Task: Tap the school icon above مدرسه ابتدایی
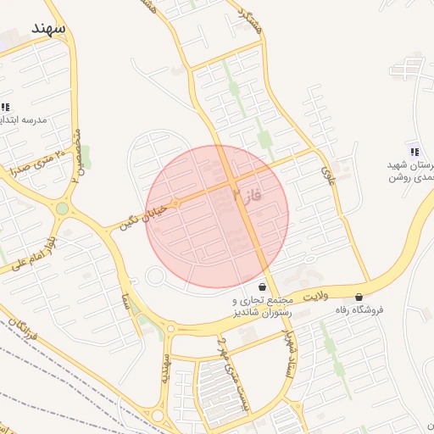[x=5, y=107]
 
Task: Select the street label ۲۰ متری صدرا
[x=36, y=161]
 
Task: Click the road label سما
[x=125, y=298]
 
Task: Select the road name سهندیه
[x=166, y=369]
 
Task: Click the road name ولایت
[x=314, y=296]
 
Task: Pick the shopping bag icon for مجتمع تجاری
[x=261, y=287]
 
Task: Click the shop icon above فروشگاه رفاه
[x=359, y=297]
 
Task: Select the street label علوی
[x=329, y=174]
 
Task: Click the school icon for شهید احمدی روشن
[x=414, y=151]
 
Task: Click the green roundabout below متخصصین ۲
[x=62, y=209]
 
